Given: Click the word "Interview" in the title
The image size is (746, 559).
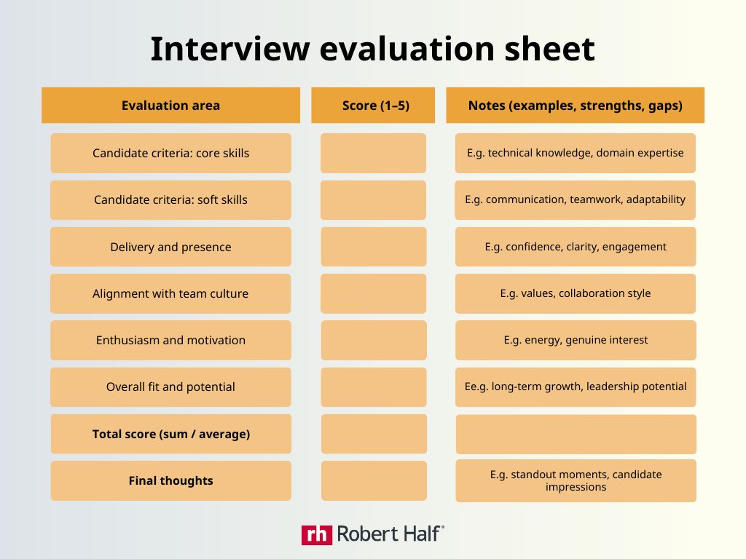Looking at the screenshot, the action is click(x=230, y=49).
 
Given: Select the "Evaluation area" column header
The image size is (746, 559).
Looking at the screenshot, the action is click(x=170, y=105).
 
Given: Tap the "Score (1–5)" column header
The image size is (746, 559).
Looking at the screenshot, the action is click(x=373, y=105).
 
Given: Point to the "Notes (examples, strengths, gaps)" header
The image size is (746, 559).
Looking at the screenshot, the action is click(x=576, y=105).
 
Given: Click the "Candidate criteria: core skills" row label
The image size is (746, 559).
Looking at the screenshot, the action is click(x=170, y=153).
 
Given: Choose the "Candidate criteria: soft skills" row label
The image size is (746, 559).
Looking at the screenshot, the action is click(x=170, y=199).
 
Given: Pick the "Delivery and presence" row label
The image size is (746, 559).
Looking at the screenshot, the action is click(x=170, y=247).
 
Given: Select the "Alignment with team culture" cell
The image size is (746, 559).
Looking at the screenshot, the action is click(x=170, y=293).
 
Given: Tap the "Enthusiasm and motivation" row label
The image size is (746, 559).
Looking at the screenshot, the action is click(x=170, y=340).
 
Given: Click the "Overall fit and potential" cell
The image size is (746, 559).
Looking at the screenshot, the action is click(x=170, y=387).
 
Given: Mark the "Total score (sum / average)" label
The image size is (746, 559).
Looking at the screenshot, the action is click(x=171, y=434).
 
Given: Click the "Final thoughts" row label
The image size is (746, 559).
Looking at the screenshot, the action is click(x=170, y=480).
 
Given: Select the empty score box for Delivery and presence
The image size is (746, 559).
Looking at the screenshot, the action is click(x=374, y=247).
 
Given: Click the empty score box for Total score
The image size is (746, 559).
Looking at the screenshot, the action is click(x=374, y=434).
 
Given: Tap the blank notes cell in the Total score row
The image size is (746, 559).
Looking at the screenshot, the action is click(x=576, y=435).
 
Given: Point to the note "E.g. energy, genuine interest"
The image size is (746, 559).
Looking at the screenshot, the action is click(x=576, y=340).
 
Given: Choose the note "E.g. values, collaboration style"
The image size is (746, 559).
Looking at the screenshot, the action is click(x=576, y=293).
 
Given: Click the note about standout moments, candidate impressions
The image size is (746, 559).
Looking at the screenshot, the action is click(x=576, y=480).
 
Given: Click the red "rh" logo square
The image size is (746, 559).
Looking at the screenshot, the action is click(x=317, y=535).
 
